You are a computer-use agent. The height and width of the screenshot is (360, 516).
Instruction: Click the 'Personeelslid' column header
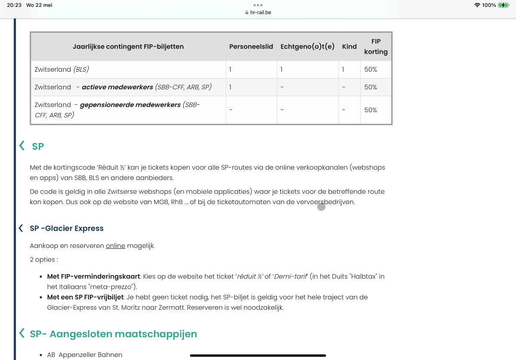[x=251, y=46]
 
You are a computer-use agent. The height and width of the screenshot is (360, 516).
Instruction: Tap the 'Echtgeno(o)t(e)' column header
[x=307, y=46]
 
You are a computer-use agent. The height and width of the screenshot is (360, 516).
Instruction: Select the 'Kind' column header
[x=349, y=46]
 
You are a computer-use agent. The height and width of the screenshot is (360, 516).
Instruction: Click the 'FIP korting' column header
[x=376, y=46]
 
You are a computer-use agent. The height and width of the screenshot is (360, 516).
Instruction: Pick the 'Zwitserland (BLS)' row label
[x=61, y=69]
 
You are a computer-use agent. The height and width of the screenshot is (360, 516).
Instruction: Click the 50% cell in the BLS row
[x=370, y=69]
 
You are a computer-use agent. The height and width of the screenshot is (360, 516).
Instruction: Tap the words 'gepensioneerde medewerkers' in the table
[x=130, y=105]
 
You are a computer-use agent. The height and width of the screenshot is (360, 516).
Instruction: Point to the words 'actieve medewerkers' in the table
[x=117, y=87]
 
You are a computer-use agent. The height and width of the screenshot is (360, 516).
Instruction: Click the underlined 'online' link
[x=115, y=246]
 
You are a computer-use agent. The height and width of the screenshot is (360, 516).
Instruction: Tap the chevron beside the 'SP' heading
[x=21, y=146]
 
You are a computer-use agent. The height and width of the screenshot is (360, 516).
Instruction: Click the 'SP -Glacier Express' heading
[x=67, y=228]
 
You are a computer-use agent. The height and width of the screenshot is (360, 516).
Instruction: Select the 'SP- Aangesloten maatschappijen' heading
[x=113, y=334]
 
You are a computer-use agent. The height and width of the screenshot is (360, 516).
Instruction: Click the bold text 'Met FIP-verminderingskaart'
[x=94, y=277]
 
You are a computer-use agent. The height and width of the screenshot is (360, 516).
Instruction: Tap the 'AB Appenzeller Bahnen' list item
[x=85, y=355]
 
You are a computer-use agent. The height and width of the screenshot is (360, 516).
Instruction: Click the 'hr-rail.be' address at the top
[x=260, y=12]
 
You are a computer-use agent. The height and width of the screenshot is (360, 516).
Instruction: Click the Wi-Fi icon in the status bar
[x=477, y=5]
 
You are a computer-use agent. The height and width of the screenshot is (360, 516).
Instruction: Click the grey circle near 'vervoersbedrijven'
[x=321, y=207]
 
